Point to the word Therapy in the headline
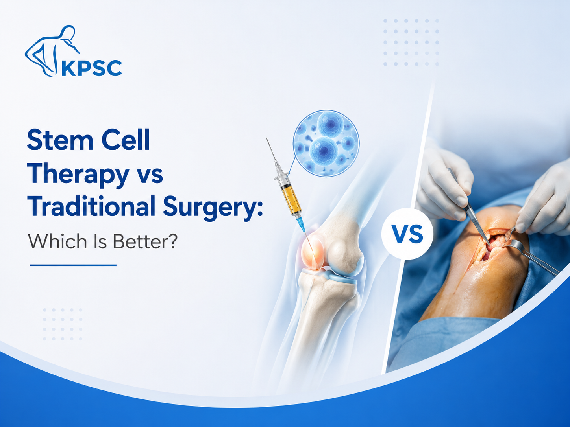pos(78,175)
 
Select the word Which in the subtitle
pos(57,241)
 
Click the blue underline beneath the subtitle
pos(73,265)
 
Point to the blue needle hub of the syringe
pos(300,224)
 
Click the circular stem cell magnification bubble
pos(326,144)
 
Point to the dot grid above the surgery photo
pos(411,42)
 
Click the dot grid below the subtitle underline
pos(63,324)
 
